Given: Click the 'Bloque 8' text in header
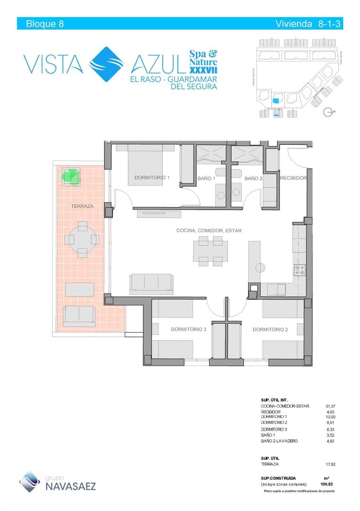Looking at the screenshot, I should pos(45,24).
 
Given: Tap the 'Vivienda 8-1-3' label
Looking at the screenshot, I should pos(309,24).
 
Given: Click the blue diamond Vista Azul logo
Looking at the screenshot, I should pos(106,64).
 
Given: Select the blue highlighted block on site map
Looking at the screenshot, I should pos(276,101).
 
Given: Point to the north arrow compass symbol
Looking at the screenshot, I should pos(328,112).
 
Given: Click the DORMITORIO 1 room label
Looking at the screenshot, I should pos(152,178).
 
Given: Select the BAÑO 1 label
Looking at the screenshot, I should pos(206,178).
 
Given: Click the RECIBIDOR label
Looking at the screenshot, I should pos(293,178).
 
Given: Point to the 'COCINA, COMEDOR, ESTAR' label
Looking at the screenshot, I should pos(209,230).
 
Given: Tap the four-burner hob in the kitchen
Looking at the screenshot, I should pos(300,270).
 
